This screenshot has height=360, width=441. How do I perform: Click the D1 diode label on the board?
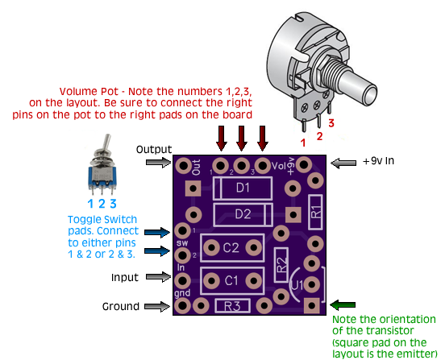tap(243, 188)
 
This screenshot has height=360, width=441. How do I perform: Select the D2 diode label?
tap(243, 214)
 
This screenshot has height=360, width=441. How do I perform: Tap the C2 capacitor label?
tap(231, 247)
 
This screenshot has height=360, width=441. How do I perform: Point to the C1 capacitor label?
tap(231, 280)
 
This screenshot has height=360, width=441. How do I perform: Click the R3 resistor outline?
tap(233, 306)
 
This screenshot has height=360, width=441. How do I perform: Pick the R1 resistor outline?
tap(315, 212)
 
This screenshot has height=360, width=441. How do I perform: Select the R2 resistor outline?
tap(281, 265)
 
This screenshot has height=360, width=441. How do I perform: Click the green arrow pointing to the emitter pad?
tap(343, 304)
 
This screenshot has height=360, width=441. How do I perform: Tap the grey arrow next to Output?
tap(158, 162)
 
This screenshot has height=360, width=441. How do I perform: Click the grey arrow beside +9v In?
tap(343, 163)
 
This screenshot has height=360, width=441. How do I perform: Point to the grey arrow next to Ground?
tap(157, 306)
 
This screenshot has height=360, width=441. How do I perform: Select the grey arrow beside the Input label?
tap(158, 277)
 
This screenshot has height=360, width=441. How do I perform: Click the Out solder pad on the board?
tap(183, 166)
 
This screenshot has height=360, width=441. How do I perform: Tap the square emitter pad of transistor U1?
tap(312, 305)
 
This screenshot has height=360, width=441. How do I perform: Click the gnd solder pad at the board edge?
tap(182, 305)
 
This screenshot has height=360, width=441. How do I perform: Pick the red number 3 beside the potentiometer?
tap(331, 123)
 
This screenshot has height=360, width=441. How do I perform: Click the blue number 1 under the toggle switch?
tap(90, 204)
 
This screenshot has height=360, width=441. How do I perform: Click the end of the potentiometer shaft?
tap(370, 96)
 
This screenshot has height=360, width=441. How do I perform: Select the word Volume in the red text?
tap(78, 92)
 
